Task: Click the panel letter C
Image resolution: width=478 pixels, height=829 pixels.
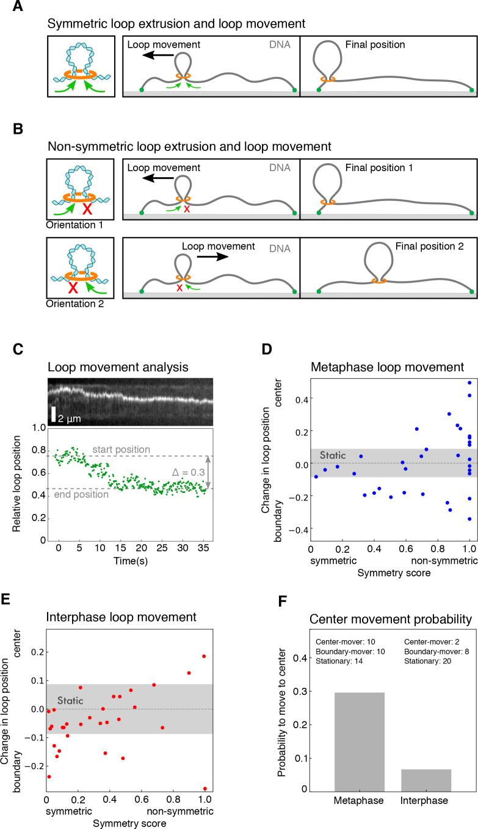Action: [x=18, y=384]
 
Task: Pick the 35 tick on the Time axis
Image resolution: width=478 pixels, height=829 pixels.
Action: [x=204, y=549]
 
